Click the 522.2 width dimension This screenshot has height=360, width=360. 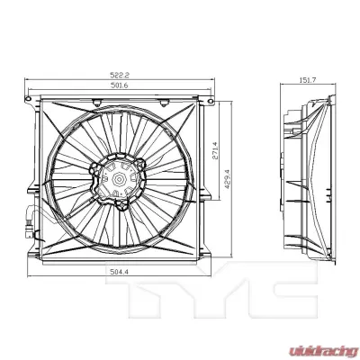click(x=121, y=76)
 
